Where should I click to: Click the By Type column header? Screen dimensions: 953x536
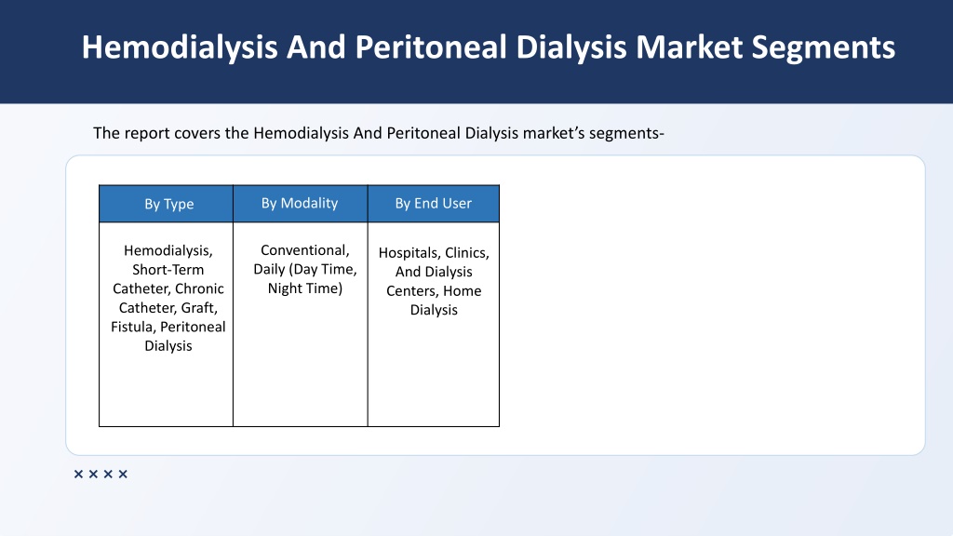pos(169,204)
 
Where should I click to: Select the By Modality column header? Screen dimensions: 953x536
pos(300,203)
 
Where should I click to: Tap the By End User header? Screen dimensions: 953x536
pos(434,203)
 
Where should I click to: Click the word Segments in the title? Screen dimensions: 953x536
pos(823,48)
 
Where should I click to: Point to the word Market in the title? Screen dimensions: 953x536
pos(689,47)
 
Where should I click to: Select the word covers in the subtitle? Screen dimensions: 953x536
pos(197,133)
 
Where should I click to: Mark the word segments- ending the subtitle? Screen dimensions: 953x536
pos(626,134)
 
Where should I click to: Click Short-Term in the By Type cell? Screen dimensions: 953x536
pos(168,270)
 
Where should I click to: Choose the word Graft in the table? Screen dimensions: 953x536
pos(199,308)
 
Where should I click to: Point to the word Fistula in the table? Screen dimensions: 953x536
pos(133,327)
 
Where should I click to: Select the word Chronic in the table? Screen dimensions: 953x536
pos(199,288)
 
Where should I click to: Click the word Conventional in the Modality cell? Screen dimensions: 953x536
pos(305,250)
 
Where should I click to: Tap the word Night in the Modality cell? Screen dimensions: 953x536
pos(286,288)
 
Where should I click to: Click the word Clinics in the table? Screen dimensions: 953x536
pos(467,253)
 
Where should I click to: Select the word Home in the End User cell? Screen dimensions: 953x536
pos(462,291)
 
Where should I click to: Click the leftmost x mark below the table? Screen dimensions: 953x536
pos(78,474)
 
